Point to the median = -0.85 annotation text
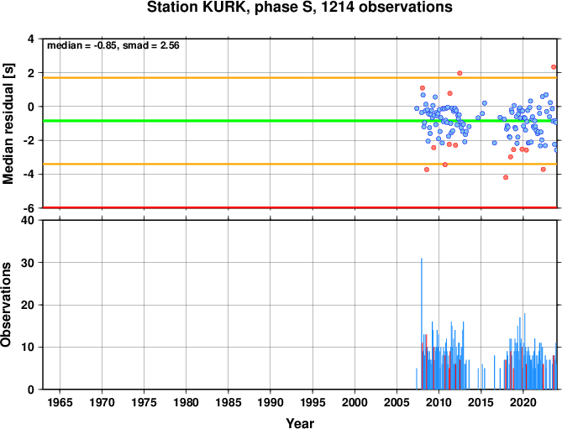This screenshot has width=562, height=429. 82,45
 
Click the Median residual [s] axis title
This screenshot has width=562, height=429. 8,123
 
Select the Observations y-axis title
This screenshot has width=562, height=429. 6,304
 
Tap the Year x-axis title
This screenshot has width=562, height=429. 300,423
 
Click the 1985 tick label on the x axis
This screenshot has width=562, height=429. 228,402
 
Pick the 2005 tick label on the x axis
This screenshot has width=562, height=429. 397,402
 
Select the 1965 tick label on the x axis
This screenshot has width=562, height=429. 60,402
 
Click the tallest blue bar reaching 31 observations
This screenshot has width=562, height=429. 422,324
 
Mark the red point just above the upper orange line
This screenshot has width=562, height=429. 460,73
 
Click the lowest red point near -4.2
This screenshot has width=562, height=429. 506,177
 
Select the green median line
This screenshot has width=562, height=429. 300,121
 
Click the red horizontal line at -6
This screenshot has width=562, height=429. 300,207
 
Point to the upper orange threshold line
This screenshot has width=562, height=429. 300,78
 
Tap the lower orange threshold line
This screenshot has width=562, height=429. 300,164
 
